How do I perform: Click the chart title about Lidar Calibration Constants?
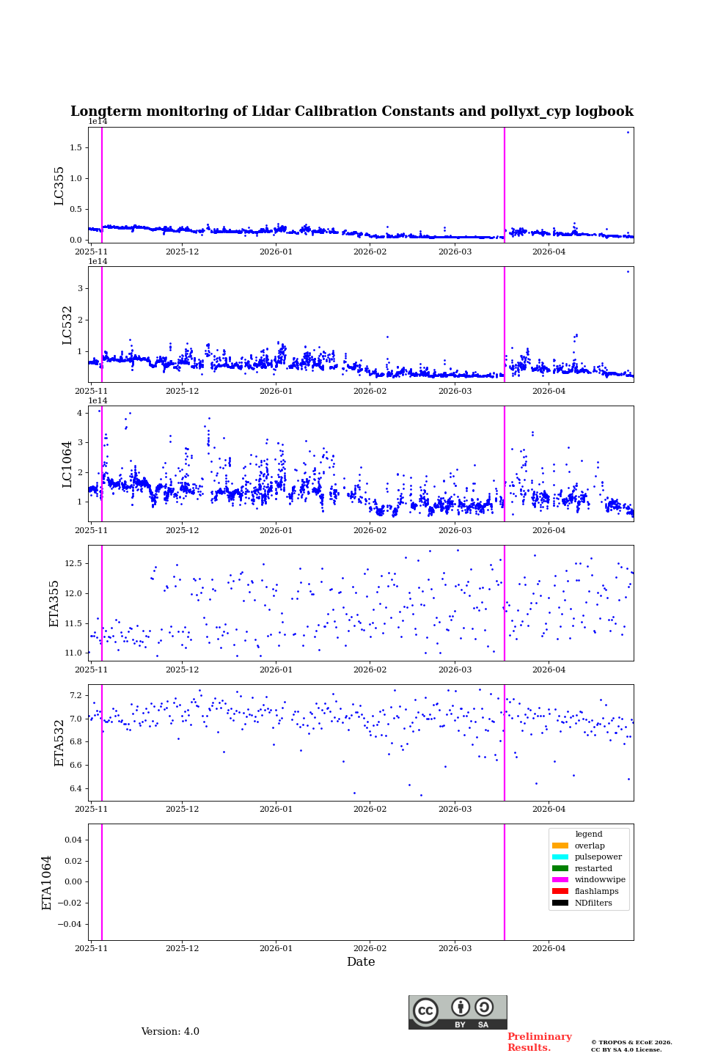[351, 111]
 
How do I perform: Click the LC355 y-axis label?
[59, 186]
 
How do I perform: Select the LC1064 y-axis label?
[67, 463]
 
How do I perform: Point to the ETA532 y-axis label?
[59, 742]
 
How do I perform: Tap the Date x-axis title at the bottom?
[361, 962]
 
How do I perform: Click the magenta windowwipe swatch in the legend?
[560, 880]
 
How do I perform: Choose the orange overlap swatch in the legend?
[560, 846]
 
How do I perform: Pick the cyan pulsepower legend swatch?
[560, 857]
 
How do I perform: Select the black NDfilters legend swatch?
[560, 903]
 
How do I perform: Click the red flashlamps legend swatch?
[560, 891]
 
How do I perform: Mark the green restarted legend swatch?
[560, 868]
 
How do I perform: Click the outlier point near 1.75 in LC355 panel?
[628, 132]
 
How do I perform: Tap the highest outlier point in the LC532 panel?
[628, 271]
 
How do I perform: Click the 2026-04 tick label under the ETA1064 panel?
[549, 948]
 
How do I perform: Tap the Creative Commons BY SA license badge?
[458, 1012]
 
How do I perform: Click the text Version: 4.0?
[170, 1032]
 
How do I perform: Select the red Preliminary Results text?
[539, 1042]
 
